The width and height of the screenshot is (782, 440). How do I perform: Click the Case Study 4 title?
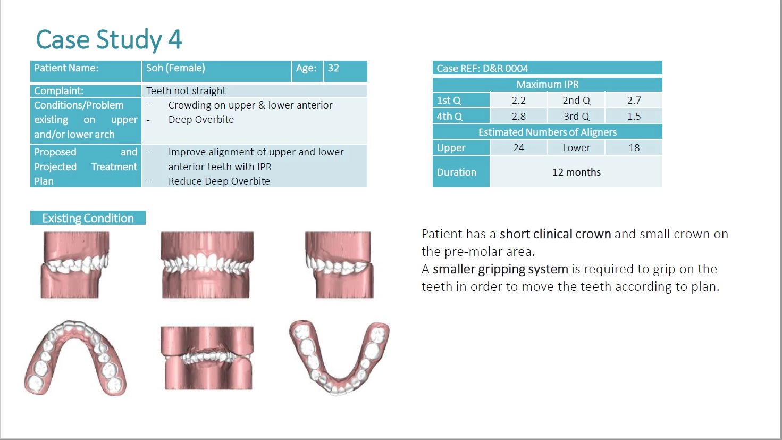pyautogui.click(x=109, y=39)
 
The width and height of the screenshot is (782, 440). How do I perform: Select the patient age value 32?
pyautogui.click(x=333, y=68)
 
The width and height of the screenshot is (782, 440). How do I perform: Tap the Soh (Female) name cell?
pyautogui.click(x=175, y=68)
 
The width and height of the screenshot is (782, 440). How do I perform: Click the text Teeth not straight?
pyautogui.click(x=186, y=91)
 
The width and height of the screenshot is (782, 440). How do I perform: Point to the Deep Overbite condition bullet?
pyautogui.click(x=201, y=120)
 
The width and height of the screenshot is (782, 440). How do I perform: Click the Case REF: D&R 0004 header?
pyautogui.click(x=483, y=69)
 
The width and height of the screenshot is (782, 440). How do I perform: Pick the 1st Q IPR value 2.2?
pyautogui.click(x=519, y=101)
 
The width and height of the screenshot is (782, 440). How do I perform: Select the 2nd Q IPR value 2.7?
pyautogui.click(x=634, y=101)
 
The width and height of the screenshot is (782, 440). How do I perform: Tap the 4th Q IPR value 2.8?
pyautogui.click(x=519, y=116)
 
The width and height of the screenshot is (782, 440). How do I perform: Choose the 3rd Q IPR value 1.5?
pyautogui.click(x=634, y=116)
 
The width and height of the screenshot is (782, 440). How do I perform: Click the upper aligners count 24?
pyautogui.click(x=519, y=148)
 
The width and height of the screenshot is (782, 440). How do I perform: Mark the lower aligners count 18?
pyautogui.click(x=634, y=148)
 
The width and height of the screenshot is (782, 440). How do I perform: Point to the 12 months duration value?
pyautogui.click(x=576, y=172)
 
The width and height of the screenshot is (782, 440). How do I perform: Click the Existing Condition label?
pyautogui.click(x=88, y=218)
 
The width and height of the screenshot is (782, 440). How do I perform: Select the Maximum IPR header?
pyautogui.click(x=548, y=85)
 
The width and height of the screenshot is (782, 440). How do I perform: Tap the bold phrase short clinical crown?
pyautogui.click(x=556, y=234)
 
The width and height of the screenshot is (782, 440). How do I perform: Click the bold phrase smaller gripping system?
pyautogui.click(x=501, y=269)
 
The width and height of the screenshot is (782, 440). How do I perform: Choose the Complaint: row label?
pyautogui.click(x=58, y=91)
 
